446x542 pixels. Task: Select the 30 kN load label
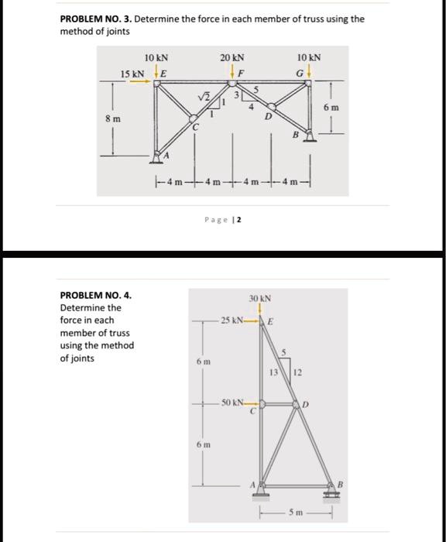click(258, 297)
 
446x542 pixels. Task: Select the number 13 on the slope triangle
click(273, 374)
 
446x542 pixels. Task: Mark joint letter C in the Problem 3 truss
click(197, 129)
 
